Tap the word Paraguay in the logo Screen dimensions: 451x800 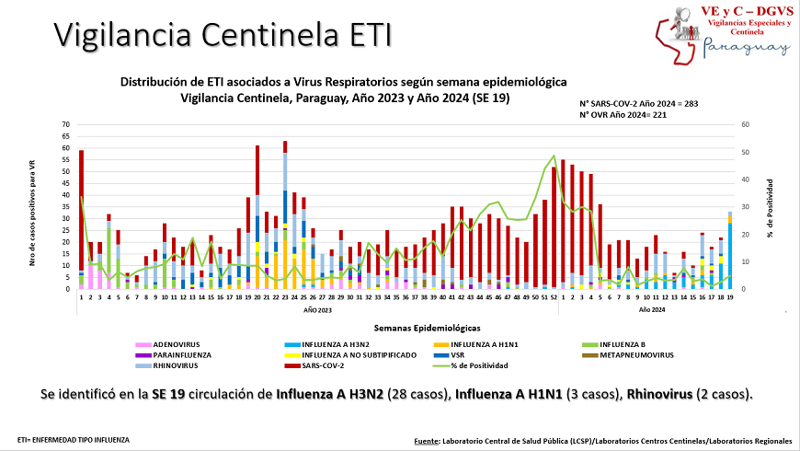tap(746, 48)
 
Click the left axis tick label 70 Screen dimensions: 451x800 tap(65, 124)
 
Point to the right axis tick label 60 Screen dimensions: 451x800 tap(746, 124)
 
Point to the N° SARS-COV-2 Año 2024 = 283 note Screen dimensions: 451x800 tap(637, 103)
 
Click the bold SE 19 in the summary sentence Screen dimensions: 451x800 tap(169, 394)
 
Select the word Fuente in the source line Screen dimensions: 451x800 tap(426, 441)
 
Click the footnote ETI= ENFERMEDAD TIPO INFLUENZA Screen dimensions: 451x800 tap(74, 440)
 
